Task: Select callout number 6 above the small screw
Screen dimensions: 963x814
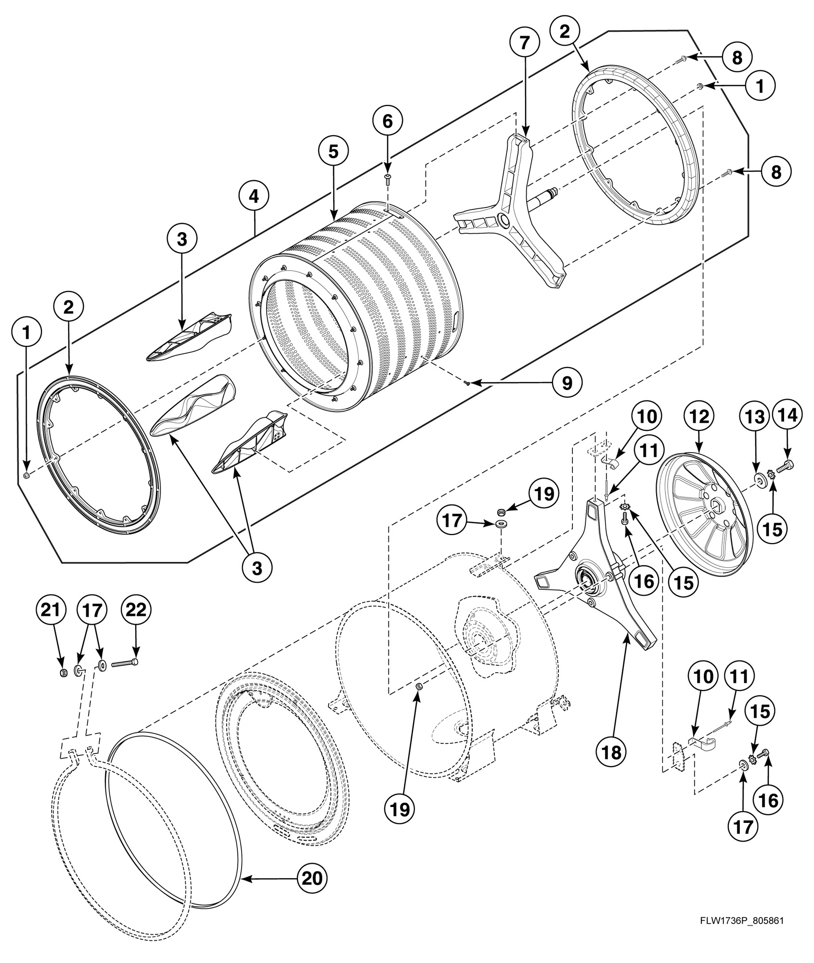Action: tap(388, 121)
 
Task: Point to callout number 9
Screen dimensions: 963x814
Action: tap(567, 383)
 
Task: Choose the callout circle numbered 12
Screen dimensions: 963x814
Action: tap(699, 417)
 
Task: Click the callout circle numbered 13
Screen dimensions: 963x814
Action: tap(755, 417)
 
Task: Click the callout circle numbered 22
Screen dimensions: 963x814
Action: tap(136, 610)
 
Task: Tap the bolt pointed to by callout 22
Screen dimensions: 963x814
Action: tap(125, 664)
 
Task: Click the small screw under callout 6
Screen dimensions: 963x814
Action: tap(388, 180)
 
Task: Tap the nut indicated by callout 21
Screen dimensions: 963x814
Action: tap(63, 673)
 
